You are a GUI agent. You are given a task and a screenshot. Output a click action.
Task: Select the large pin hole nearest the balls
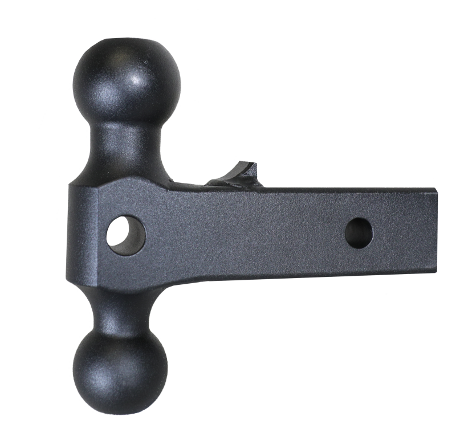tap(127, 234)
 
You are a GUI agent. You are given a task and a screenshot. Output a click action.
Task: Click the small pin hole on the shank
tap(359, 231)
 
